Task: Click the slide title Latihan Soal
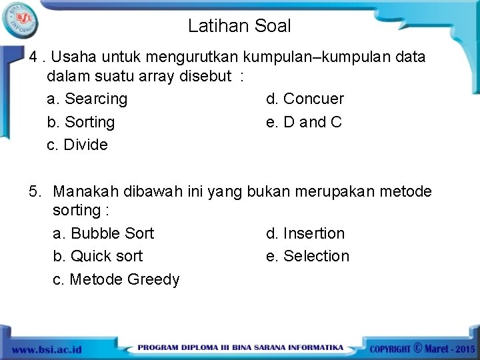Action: coord(239,26)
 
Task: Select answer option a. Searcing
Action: coord(87,99)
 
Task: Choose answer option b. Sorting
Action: coord(81,122)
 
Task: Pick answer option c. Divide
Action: coord(77,145)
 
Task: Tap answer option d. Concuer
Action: coord(305,99)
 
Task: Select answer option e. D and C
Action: coord(303,122)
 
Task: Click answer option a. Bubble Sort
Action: coord(103,233)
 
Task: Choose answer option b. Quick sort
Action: coord(97,256)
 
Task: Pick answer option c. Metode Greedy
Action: coord(116,279)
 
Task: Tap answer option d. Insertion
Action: coord(305,233)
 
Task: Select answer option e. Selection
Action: coord(307,256)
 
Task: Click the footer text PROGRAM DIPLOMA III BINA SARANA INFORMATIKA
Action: coord(241,348)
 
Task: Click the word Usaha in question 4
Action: coord(71,57)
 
